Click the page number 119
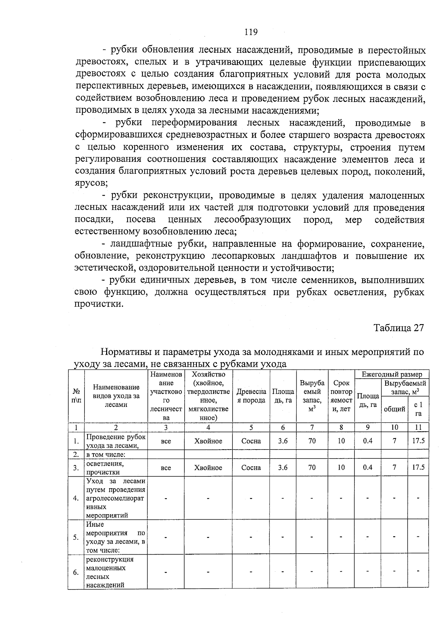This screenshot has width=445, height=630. tap(251, 32)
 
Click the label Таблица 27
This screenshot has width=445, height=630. tap(398, 328)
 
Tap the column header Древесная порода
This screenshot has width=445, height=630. tap(251, 396)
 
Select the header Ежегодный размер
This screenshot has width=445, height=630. tap(392, 374)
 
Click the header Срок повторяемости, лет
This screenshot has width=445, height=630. tap(341, 396)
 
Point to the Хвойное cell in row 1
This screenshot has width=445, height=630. tap(208, 441)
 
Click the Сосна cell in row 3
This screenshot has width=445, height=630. tap(251, 468)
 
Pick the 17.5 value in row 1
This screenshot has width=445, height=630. tap(418, 441)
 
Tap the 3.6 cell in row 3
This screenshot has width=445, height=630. tap(283, 468)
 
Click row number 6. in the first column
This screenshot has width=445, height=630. tap(76, 572)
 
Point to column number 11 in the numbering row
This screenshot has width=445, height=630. tap(418, 427)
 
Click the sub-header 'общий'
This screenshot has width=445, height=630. tap(394, 409)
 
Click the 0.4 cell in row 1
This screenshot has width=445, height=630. tap(367, 441)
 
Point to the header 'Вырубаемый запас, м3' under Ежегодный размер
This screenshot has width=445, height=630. tap(405, 387)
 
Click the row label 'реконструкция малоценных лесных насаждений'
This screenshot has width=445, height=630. tap(110, 572)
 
